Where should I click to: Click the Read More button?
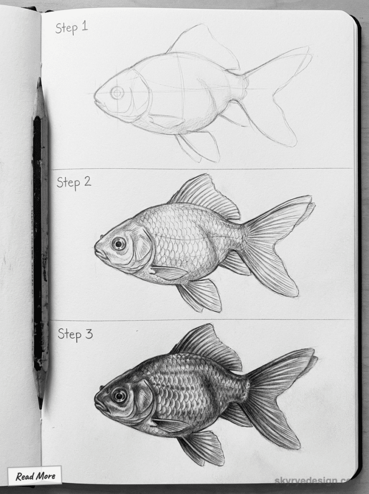coord(35,476)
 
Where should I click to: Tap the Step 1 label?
coord(71,27)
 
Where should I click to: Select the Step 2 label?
coord(74,182)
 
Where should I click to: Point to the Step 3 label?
coord(75,334)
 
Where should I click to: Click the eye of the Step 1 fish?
coord(117,92)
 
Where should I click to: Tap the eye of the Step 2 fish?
coord(119,243)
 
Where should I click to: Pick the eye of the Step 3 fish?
coord(119,396)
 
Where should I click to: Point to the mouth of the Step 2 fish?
coord(97,250)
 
